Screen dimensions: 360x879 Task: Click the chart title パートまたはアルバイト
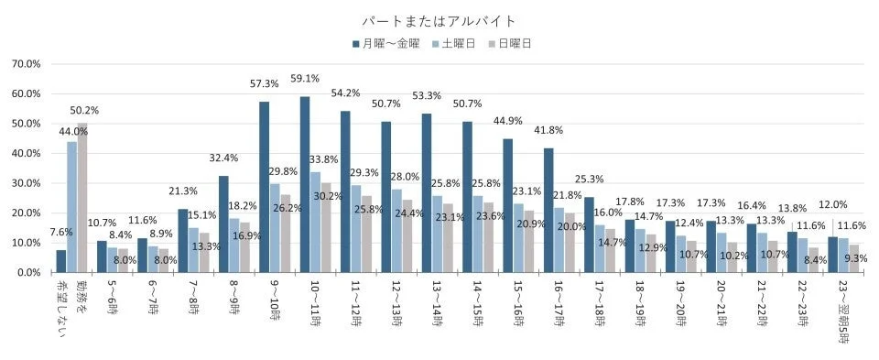(439, 20)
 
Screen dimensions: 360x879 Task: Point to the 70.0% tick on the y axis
(25, 64)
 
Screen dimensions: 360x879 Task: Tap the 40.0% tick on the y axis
(25, 153)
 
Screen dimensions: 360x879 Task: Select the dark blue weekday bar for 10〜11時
(305, 184)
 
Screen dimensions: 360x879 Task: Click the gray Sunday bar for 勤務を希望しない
(82, 198)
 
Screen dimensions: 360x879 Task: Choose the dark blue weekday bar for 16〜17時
(548, 210)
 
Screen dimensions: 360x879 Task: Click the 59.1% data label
(305, 79)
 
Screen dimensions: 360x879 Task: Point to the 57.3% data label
(264, 83)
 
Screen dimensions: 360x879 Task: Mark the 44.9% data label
(507, 121)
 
